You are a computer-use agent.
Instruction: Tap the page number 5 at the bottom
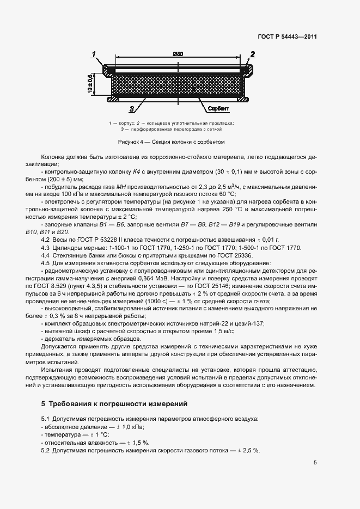[x=315, y=463]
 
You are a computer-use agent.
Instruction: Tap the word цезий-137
[x=247, y=323]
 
